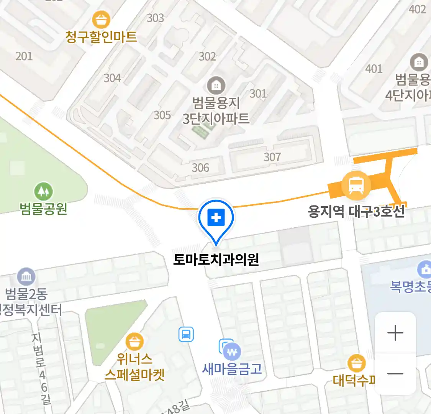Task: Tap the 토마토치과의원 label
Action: pyautogui.click(x=216, y=260)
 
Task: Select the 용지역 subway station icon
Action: pyautogui.click(x=356, y=186)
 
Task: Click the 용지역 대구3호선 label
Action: pyautogui.click(x=356, y=211)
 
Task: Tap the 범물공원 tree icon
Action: pyautogui.click(x=44, y=191)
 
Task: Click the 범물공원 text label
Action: pyautogui.click(x=44, y=209)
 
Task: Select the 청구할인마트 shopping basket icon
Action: pyautogui.click(x=101, y=20)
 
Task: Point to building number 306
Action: pyautogui.click(x=200, y=168)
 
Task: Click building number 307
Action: pyautogui.click(x=272, y=157)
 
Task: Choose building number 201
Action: pyautogui.click(x=24, y=56)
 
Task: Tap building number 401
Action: pyautogui.click(x=374, y=69)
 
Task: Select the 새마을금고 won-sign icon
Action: pyautogui.click(x=232, y=352)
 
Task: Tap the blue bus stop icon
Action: pyautogui.click(x=186, y=334)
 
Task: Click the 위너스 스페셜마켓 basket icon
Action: pyautogui.click(x=134, y=341)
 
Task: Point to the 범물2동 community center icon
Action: pyautogui.click(x=26, y=277)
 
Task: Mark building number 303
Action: pyautogui.click(x=155, y=18)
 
